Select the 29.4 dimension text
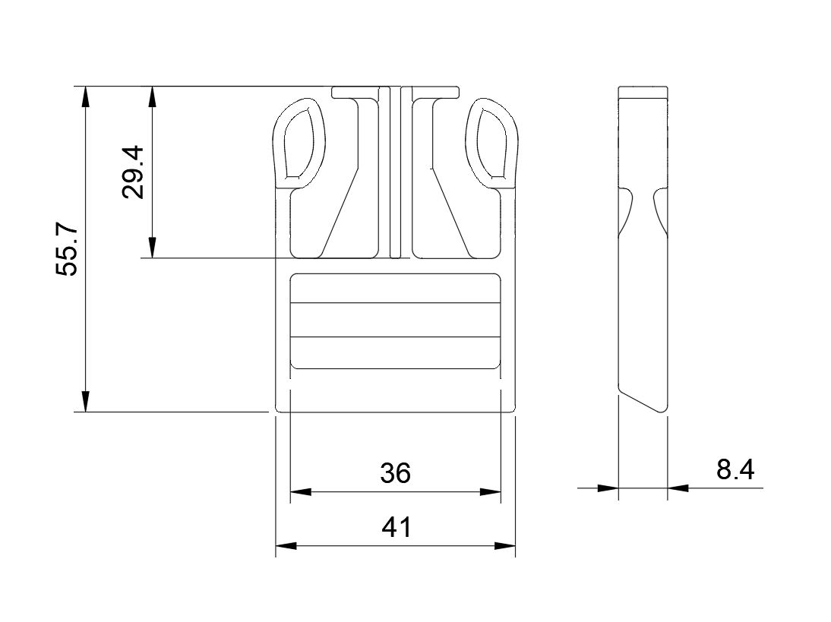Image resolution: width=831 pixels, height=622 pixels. coord(132,172)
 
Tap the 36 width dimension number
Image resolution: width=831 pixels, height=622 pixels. coord(395,473)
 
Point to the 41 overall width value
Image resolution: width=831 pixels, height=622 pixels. coord(396,527)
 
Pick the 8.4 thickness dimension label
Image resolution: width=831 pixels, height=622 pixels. coord(735,469)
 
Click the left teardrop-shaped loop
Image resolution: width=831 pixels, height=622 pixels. coord(299,142)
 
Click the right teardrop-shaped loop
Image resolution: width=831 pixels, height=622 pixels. coord(492,142)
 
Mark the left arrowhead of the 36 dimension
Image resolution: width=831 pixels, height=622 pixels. coord(301,492)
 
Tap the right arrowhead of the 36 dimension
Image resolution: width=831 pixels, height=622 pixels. coord(490,492)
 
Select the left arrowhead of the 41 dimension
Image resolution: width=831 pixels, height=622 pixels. coord(286,546)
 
